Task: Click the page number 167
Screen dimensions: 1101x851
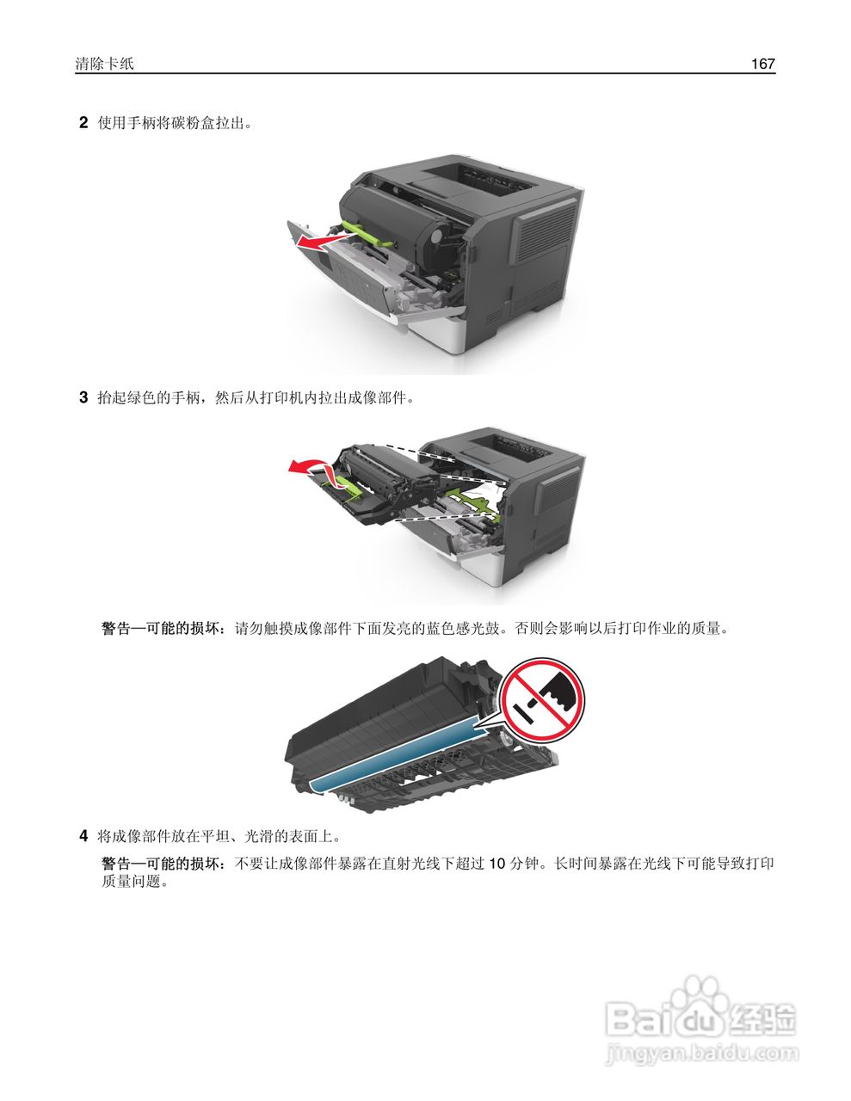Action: tap(762, 64)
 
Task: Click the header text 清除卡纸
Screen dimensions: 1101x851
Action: tap(104, 64)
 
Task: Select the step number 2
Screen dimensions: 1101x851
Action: tap(83, 123)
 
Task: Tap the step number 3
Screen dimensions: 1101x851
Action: tap(83, 397)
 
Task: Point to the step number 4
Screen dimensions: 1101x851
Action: tap(83, 835)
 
